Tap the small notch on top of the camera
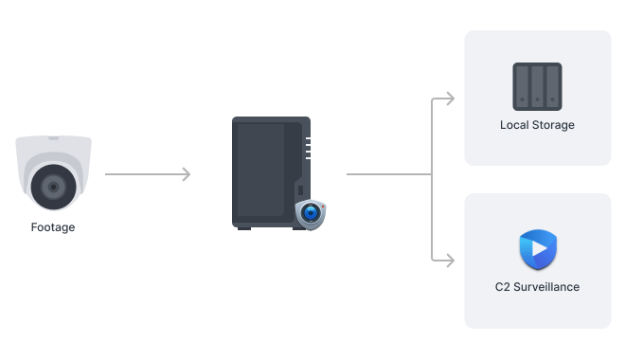tap(53, 138)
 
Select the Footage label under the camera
tap(53, 227)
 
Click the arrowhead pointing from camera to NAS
tap(187, 174)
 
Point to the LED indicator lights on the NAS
tap(307, 148)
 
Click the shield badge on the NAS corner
tap(310, 213)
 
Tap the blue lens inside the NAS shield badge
tap(310, 213)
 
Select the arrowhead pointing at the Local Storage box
tap(449, 99)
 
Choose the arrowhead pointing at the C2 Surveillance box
tap(449, 258)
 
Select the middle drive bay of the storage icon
tap(537, 85)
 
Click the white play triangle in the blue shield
tap(538, 250)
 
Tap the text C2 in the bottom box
tap(502, 286)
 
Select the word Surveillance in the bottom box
tap(546, 286)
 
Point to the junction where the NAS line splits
tap(432, 174)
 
